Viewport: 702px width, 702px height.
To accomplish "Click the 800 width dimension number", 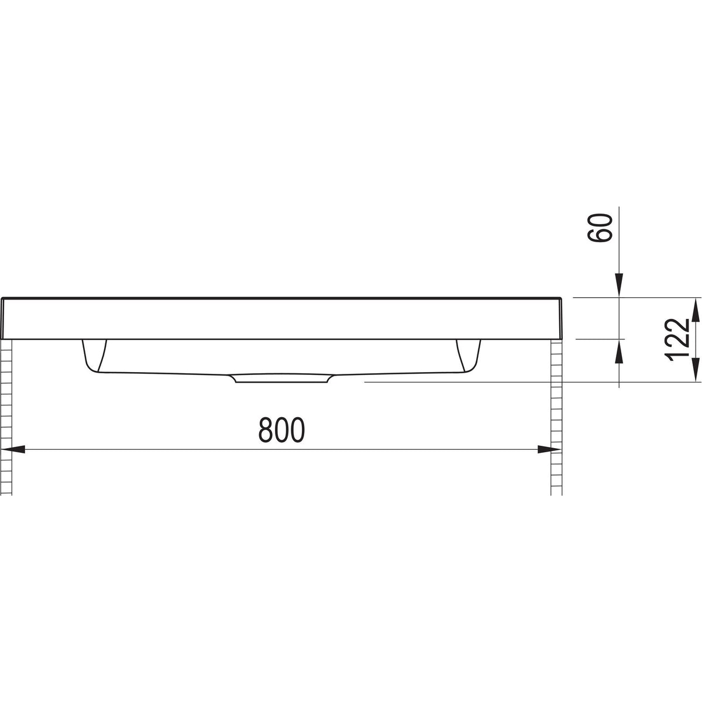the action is coord(281,430).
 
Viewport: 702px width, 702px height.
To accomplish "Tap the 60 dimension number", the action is coord(600,228).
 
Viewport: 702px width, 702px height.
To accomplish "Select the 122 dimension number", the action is coord(677,339).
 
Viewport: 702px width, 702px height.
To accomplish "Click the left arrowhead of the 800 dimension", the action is coord(13,449).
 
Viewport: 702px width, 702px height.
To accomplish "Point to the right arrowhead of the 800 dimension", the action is coord(549,449).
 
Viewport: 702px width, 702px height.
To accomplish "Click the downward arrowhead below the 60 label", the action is coord(619,285).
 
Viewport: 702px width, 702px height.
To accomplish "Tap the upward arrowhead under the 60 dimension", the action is coord(619,351).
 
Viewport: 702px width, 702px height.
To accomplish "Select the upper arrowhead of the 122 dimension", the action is coord(696,309).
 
